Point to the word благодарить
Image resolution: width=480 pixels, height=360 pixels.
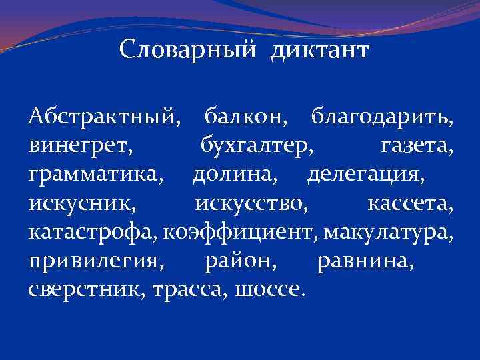382,119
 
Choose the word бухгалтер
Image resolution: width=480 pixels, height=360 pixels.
254,147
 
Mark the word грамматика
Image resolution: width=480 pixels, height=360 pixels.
94,175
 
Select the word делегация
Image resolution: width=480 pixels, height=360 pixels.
364,175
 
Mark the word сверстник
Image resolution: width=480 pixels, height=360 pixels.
87,290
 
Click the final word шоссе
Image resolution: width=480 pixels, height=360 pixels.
271,290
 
